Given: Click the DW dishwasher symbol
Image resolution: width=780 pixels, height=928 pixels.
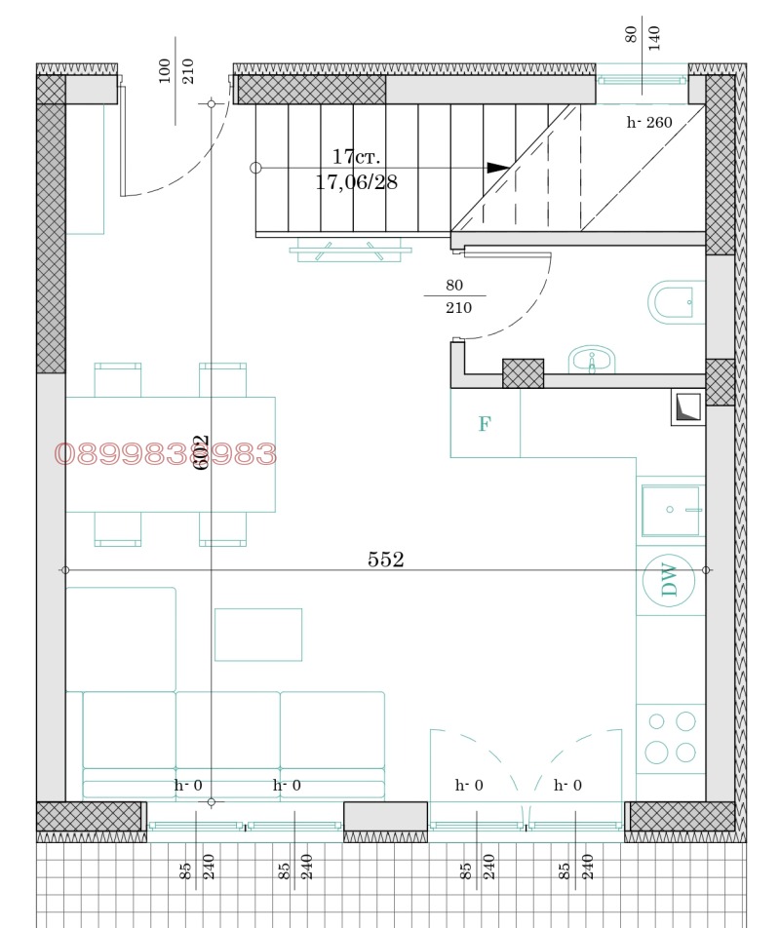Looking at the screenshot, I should [670, 580].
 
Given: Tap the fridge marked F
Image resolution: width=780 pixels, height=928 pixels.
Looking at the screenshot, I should [485, 424].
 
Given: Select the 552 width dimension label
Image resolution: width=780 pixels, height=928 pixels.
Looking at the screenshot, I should [385, 560].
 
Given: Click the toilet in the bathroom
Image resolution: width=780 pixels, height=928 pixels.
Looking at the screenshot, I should [673, 301].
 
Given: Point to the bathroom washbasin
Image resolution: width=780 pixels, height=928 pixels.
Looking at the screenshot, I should [592, 360].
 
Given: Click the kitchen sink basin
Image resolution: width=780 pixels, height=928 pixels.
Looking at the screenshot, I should [670, 511].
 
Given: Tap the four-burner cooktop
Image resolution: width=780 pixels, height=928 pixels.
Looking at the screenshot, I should [672, 737].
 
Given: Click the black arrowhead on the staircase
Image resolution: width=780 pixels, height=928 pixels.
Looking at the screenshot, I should [497, 168].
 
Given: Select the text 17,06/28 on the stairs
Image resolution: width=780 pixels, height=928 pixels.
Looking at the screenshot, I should [357, 181].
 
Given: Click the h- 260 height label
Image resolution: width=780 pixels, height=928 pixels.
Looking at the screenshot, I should [649, 123].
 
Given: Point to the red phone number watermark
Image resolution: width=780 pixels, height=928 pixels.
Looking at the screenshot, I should [166, 454].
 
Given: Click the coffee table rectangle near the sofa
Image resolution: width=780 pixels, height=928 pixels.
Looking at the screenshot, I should [258, 634].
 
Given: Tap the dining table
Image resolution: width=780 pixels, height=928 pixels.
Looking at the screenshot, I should [171, 454].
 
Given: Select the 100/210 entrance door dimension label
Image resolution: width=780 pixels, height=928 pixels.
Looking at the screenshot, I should [176, 70].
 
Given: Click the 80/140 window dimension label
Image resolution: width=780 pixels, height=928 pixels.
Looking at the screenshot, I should [643, 36].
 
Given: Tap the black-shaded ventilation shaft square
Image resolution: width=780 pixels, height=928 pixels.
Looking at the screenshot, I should [688, 407].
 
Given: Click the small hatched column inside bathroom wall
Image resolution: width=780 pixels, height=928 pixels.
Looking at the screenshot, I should [523, 373].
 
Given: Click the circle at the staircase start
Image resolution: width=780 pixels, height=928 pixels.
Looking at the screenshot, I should [256, 168].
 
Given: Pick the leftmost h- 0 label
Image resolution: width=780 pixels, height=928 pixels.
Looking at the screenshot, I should [188, 786].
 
